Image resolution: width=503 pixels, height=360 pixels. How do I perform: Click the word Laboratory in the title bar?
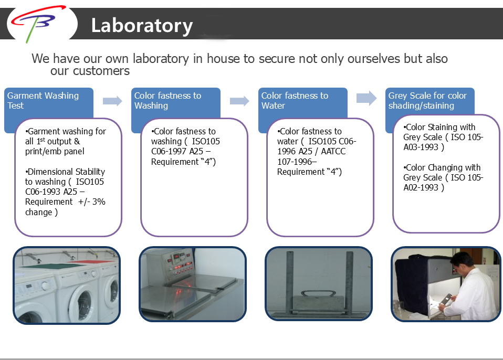pos(142,26)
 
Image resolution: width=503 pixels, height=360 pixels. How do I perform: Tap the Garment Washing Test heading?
pos(43,100)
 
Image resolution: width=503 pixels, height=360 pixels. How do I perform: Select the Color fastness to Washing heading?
pos(167,100)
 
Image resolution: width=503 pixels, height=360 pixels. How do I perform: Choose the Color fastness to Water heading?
pos(295,100)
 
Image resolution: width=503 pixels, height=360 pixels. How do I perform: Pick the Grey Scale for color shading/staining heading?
pos(427,100)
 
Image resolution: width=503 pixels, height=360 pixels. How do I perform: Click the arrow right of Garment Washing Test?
pos(112,101)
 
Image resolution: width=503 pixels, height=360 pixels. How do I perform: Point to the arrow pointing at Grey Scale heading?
pos(366,98)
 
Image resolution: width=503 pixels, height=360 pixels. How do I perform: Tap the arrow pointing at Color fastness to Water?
pos(239,101)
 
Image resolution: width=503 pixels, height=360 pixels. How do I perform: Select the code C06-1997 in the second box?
pos(169,151)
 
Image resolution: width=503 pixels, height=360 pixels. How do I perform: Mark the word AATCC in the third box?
pos(333,151)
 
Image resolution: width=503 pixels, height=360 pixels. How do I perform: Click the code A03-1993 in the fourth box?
pos(421,147)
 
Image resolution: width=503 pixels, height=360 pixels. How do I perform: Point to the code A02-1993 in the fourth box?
pos(421,187)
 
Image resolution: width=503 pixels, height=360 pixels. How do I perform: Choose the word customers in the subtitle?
pos(101,71)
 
